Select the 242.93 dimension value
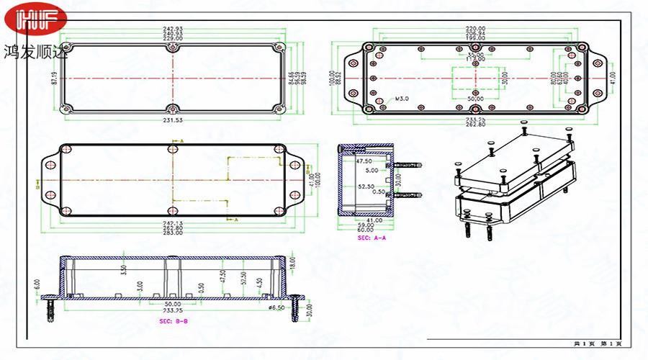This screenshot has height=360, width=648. coord(173,29)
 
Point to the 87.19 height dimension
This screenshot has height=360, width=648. coord(54,77)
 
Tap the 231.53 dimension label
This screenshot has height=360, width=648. coord(173,121)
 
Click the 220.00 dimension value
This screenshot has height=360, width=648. coord(475,29)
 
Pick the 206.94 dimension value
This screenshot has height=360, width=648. coord(475,34)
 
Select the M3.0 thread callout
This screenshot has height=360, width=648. coord(401,98)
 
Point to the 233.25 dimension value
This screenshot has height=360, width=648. coord(475,119)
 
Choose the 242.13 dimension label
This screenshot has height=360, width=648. coord(173,222)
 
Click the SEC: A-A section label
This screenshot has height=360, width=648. coord(372,237)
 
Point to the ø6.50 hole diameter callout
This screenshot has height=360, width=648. coord(276,307)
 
